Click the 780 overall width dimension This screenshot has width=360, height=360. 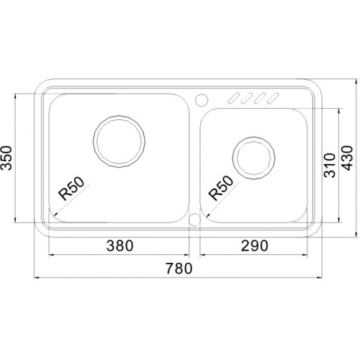pyautogui.click(x=179, y=268)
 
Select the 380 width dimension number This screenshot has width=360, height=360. pyautogui.click(x=120, y=246)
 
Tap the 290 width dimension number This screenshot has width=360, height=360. pyautogui.click(x=254, y=246)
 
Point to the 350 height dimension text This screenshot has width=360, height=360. pyautogui.click(x=6, y=158)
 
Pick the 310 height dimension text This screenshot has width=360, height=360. pyautogui.click(x=329, y=166)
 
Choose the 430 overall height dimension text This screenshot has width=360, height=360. pyautogui.click(x=347, y=158)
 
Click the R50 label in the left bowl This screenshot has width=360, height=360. pyautogui.click(x=72, y=189)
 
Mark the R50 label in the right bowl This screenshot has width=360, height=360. pyautogui.click(x=221, y=188)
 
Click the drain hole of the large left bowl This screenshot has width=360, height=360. pyautogui.click(x=119, y=141)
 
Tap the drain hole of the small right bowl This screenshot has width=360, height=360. pyautogui.click(x=253, y=158)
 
